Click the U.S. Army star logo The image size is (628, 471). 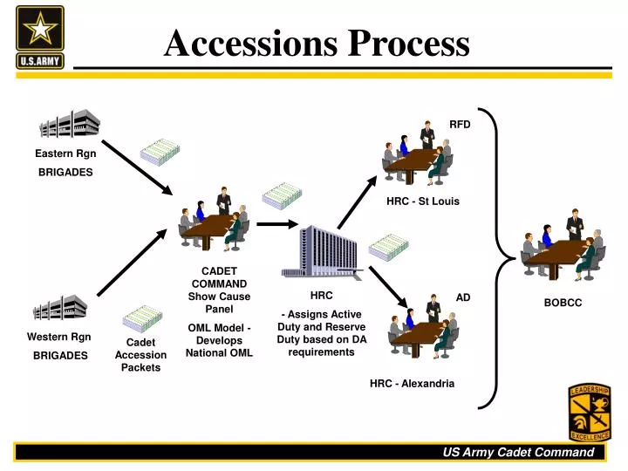coord(39,38)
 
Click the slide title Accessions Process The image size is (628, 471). coord(317,42)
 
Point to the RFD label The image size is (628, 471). coord(460,125)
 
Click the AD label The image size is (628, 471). coord(463,297)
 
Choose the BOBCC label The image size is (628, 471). coord(563,303)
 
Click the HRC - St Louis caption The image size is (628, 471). coord(422,201)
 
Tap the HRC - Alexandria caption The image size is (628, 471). coord(412,383)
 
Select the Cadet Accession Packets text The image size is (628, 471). coord(140,355)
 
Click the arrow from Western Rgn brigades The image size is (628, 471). coord(131,262)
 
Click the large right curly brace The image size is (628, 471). coord(500,259)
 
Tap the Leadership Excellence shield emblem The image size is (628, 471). coord(590,412)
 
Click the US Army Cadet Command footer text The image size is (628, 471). coord(517,452)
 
